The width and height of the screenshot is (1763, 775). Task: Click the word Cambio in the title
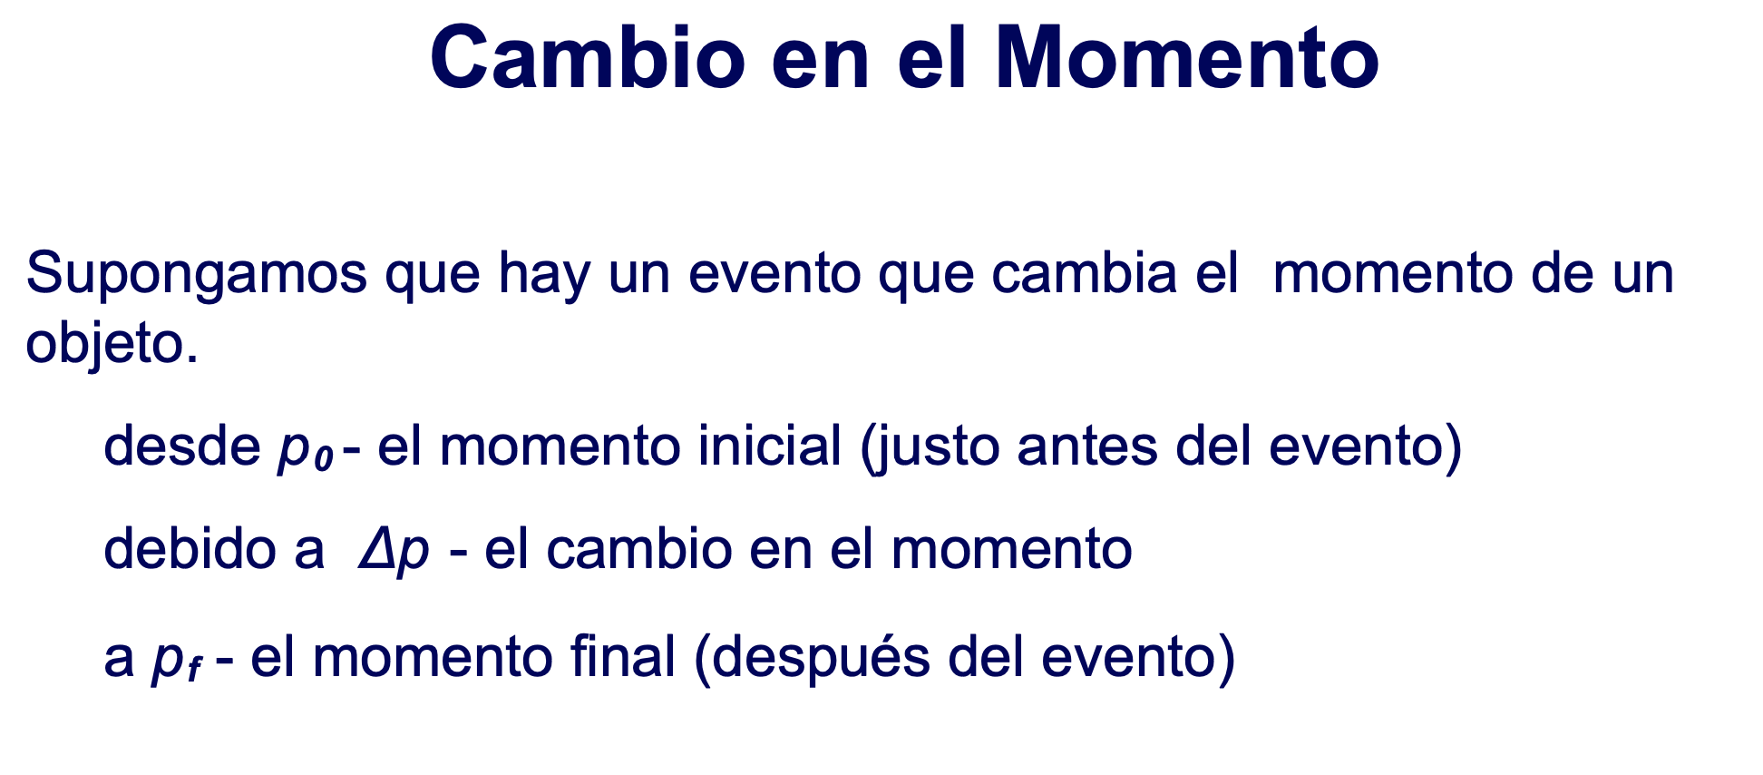(x=588, y=57)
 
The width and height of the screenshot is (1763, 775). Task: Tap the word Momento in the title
(x=1187, y=57)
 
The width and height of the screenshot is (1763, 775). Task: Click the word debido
(x=189, y=548)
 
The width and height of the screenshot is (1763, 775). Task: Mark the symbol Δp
(x=394, y=552)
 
